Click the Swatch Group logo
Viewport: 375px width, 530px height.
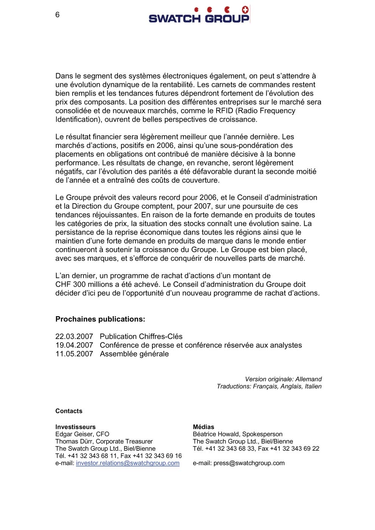click(x=199, y=15)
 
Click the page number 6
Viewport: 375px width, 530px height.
click(x=57, y=15)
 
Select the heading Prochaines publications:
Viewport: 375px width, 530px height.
click(x=100, y=319)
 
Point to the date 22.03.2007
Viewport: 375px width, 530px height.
click(x=74, y=337)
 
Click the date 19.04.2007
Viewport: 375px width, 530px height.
click(x=74, y=345)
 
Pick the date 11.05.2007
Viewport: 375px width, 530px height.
click(x=74, y=354)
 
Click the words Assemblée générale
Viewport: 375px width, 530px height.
click(x=134, y=354)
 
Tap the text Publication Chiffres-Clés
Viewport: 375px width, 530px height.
click(x=141, y=337)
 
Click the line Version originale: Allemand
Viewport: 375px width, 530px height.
click(x=283, y=379)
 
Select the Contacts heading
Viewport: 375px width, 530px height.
click(x=69, y=411)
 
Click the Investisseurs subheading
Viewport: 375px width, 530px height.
click(x=76, y=427)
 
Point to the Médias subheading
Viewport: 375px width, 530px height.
click(x=203, y=427)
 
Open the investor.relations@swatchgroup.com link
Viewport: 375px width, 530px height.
click(x=128, y=463)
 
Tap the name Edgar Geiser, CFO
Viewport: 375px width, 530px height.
click(x=82, y=434)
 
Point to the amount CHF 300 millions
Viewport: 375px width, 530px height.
click(x=87, y=284)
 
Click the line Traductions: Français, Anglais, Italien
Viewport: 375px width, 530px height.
click(x=269, y=386)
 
